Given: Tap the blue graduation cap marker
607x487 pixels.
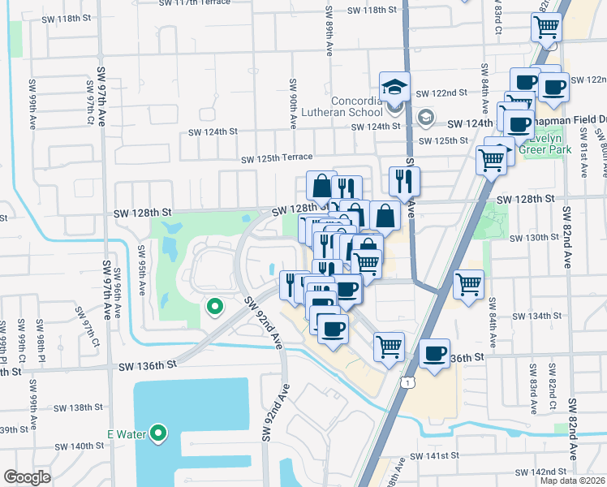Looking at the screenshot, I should click(394, 86).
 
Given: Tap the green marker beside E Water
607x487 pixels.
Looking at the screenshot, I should click(158, 434).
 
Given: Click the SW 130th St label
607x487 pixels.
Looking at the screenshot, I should click(536, 238).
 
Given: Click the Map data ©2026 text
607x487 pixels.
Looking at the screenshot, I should click(573, 481).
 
